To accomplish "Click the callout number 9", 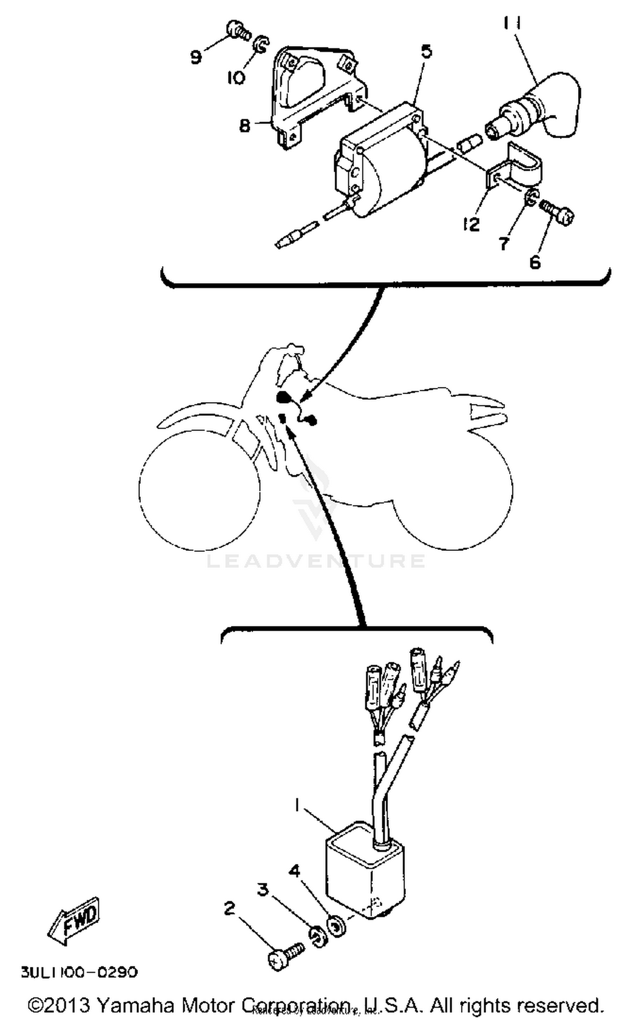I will coord(195,57).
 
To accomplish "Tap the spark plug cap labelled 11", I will coord(544,108).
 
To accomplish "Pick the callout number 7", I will coord(503,244).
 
